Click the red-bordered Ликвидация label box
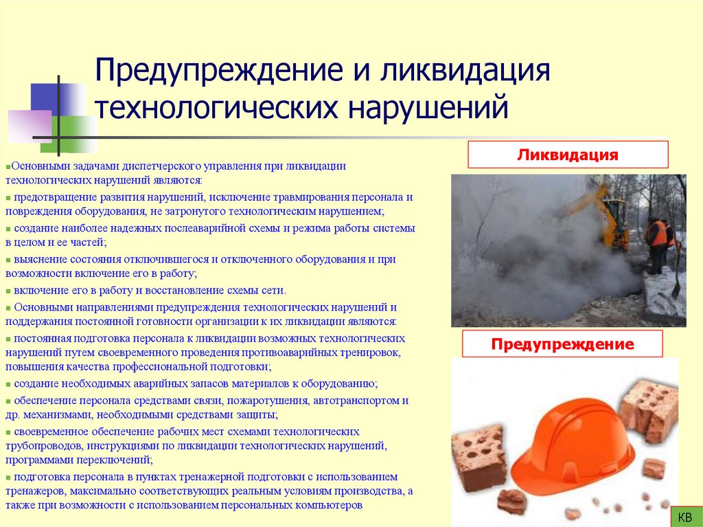[568, 155]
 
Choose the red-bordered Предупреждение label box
[562, 344]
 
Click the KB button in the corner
[684, 516]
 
